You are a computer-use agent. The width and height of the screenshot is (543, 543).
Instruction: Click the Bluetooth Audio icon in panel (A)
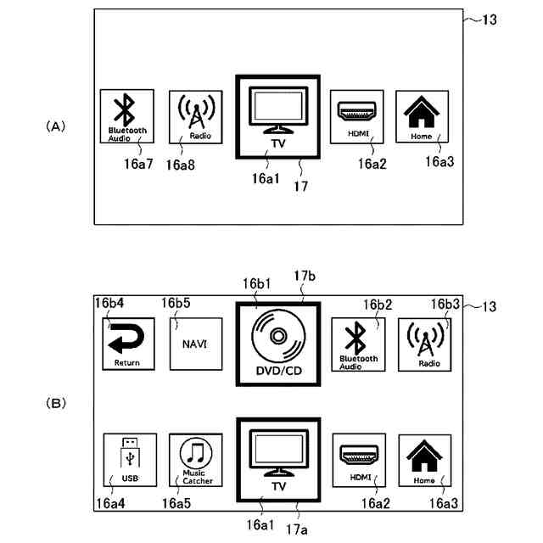(126, 115)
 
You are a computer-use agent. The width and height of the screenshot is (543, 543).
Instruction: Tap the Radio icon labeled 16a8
(195, 116)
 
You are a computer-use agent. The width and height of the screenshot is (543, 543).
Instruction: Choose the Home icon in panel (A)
(423, 115)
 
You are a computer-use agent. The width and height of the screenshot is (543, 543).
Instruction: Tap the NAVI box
(195, 344)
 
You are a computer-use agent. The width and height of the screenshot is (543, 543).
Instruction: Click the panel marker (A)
(54, 126)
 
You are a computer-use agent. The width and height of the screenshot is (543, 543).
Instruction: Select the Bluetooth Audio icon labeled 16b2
(356, 343)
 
